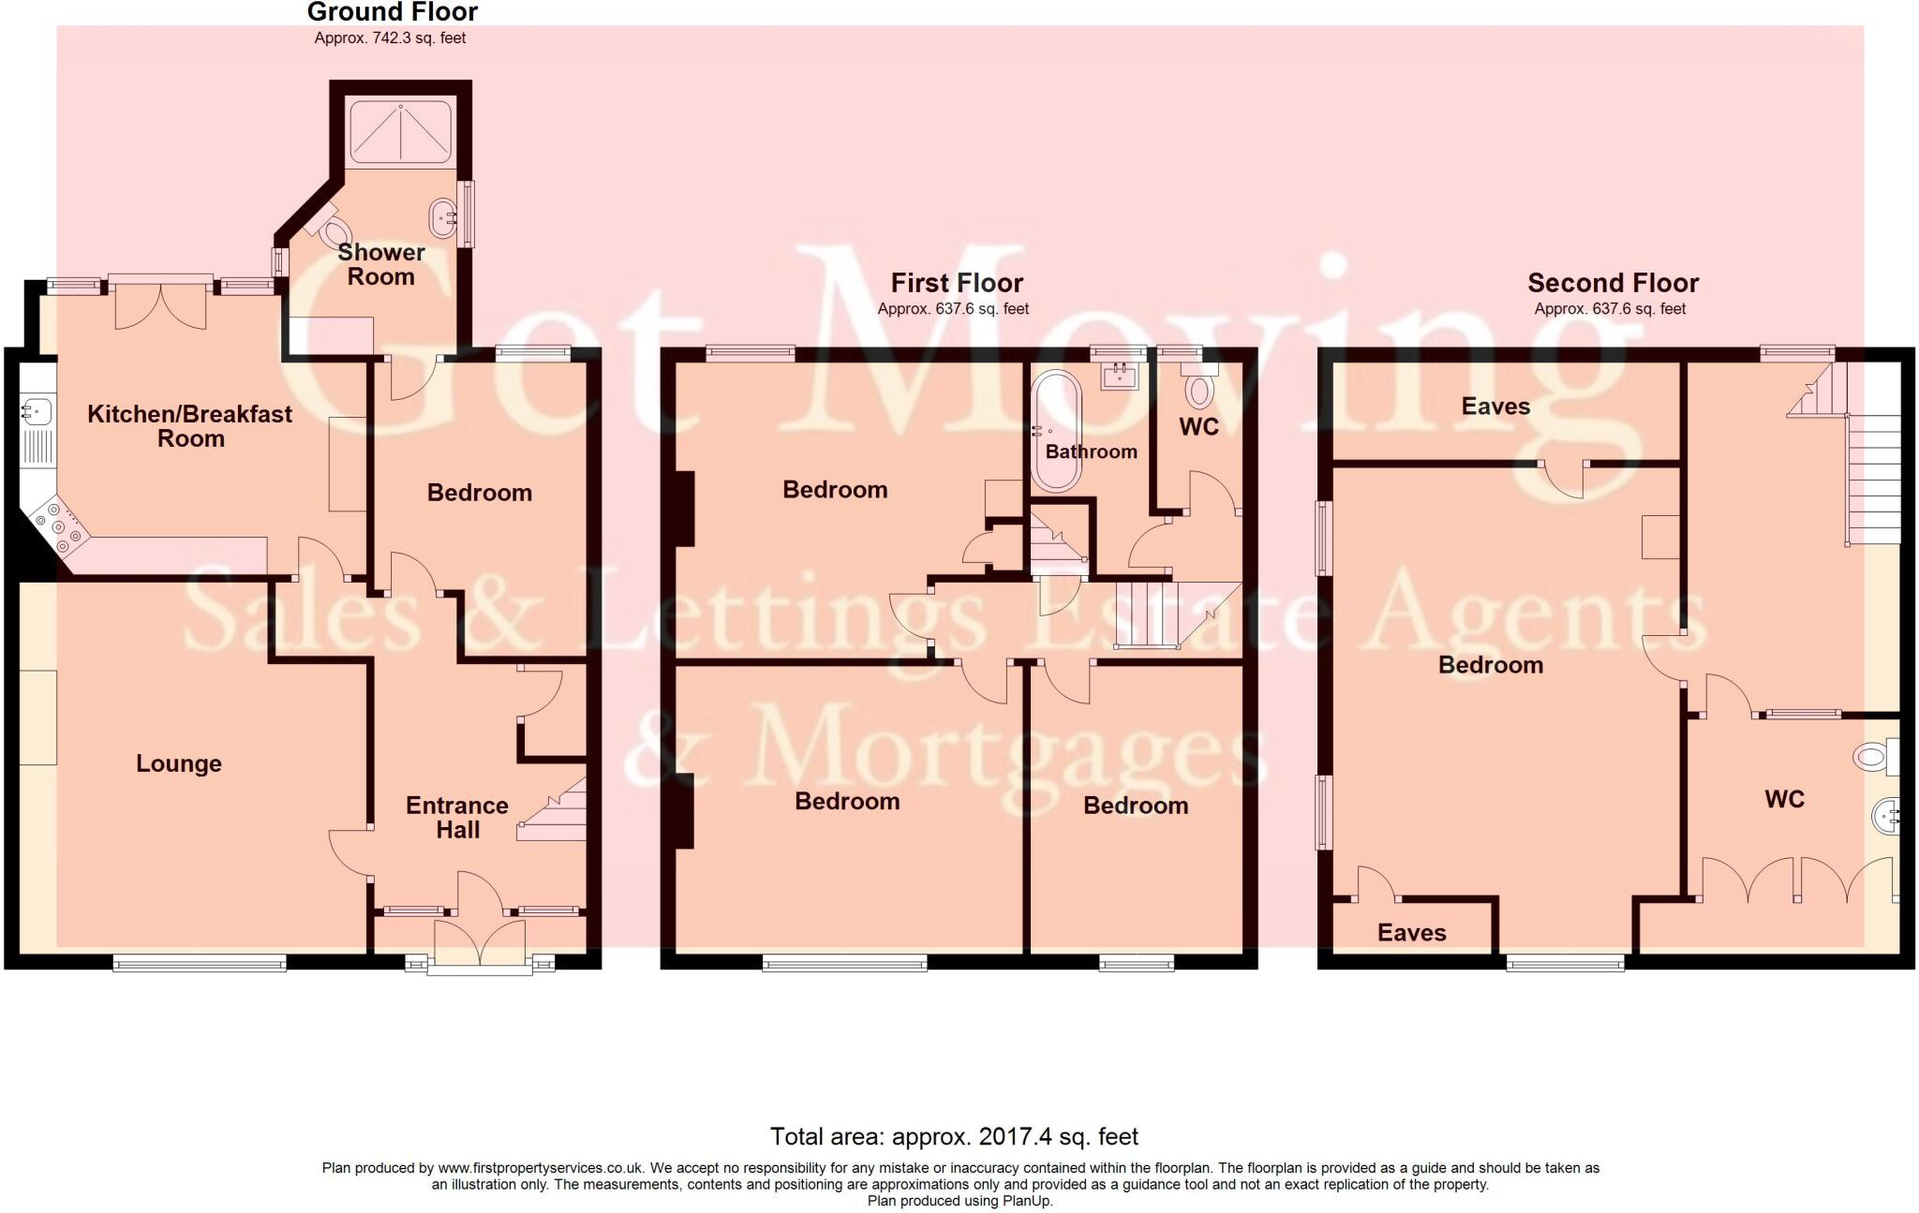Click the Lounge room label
coord(178,763)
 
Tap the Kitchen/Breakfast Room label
coord(189,426)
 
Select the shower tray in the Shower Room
coord(400,132)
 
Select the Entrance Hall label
coord(457,817)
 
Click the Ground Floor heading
coord(392,12)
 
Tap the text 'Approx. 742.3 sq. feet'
coord(390,38)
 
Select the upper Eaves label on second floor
coord(1495,407)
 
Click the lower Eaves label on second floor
coord(1411,933)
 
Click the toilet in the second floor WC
coord(1873,756)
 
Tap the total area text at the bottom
coord(954,1137)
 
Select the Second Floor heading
coord(1613,283)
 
